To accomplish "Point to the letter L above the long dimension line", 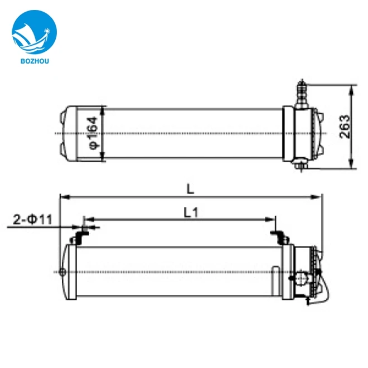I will (190, 188).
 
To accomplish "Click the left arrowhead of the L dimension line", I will (63, 196).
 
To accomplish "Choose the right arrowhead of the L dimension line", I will (319, 196).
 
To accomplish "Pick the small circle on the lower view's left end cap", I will (62, 272).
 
